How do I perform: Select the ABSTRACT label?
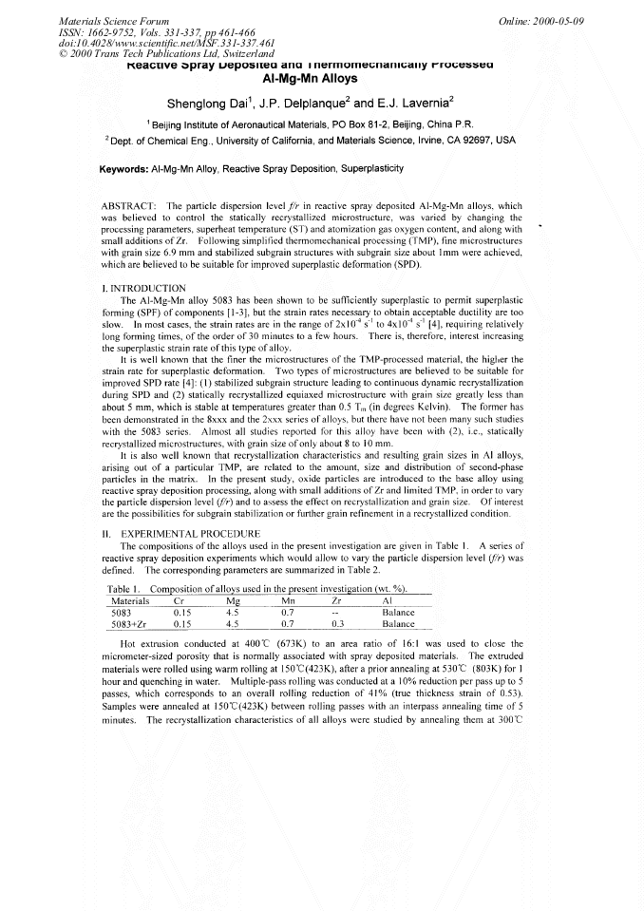pyautogui.click(x=127, y=205)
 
